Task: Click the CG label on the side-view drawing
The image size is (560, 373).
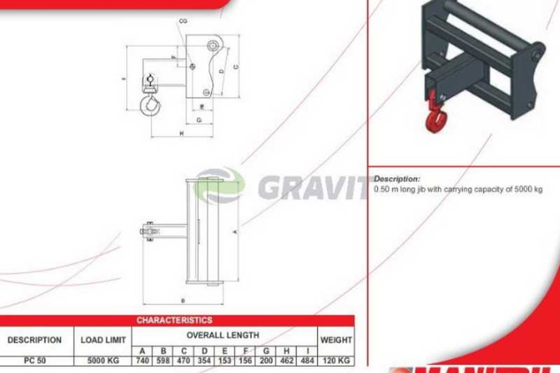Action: coord(183,22)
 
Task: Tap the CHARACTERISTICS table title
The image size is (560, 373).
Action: coord(174,320)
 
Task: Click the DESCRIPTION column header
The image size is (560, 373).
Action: coord(34,340)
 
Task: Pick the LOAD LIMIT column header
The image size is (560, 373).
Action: coord(104,340)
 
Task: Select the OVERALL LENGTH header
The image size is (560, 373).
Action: coord(223,335)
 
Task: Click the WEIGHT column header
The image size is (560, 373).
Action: coord(335,340)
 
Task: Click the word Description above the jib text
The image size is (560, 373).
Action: coord(397,179)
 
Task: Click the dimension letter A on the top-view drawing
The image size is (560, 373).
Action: coord(235,230)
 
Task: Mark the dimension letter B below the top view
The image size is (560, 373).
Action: coord(183,301)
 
